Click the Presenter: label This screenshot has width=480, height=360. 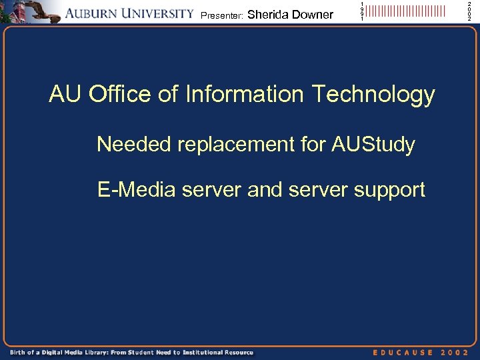tap(222, 15)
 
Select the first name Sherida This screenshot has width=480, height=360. tap(267, 14)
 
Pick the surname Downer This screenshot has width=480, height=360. tap(312, 14)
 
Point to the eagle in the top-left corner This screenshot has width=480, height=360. tap(40, 11)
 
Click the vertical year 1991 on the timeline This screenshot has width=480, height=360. tap(362, 11)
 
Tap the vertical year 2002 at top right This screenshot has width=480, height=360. tap(469, 11)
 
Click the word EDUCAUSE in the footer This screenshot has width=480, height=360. tap(403, 352)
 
